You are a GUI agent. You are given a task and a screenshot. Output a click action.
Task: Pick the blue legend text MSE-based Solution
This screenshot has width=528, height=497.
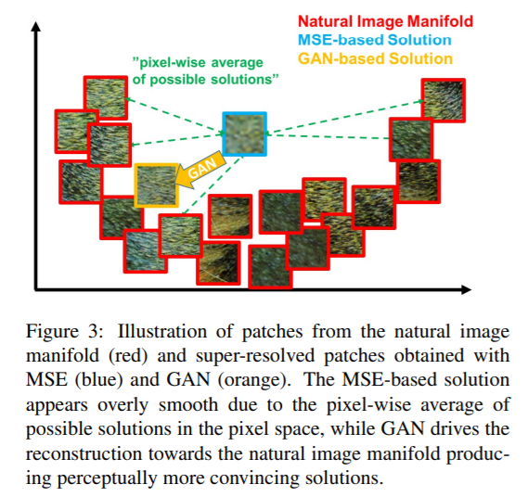(x=374, y=41)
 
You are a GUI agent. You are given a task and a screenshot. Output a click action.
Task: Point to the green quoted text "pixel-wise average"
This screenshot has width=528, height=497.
(x=198, y=63)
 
